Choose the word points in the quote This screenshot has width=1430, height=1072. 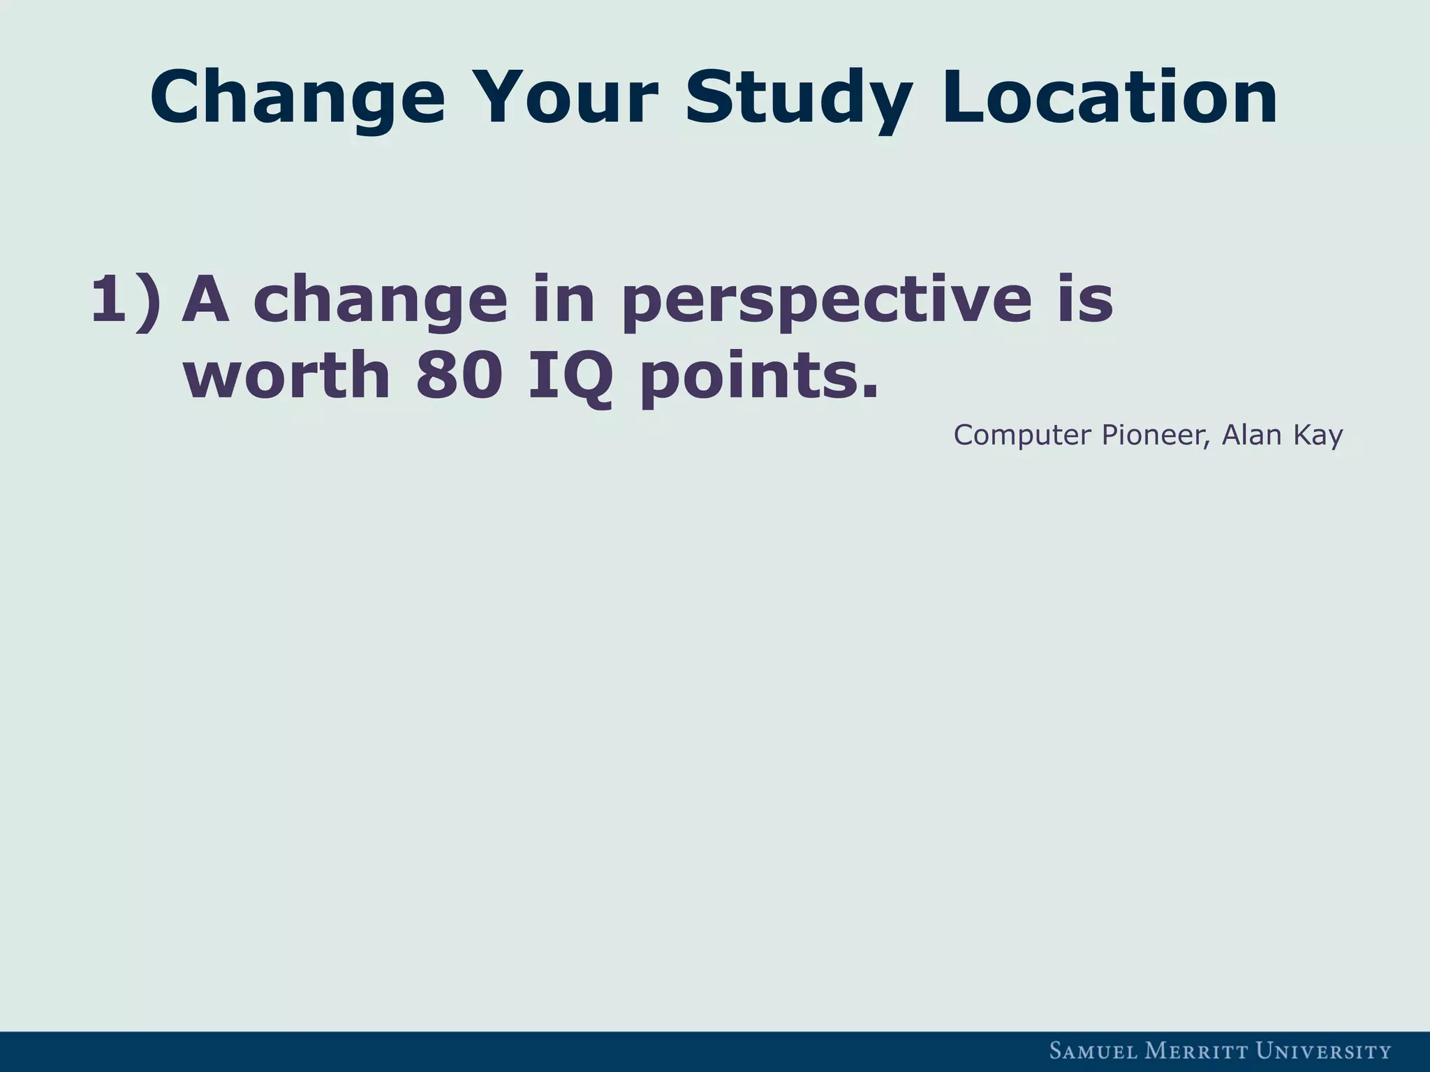[757, 377]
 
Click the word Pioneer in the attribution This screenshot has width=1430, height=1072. [1156, 435]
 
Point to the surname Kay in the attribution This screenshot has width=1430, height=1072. [1318, 436]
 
